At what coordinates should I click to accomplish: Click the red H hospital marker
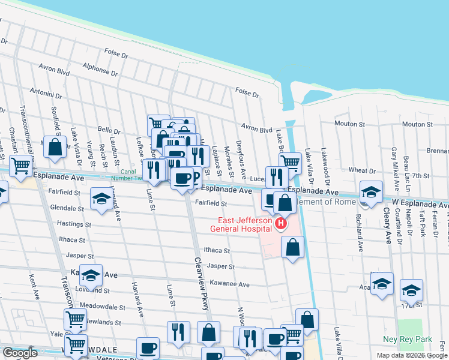point(280,224)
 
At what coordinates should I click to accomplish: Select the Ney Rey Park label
point(408,339)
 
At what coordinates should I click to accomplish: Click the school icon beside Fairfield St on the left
point(101,199)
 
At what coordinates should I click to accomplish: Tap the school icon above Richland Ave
point(371,192)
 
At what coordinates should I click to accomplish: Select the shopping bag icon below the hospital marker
point(292,247)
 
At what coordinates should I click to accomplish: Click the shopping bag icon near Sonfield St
point(55,148)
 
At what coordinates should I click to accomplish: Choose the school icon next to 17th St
point(411,290)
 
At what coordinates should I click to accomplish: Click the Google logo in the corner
point(20,353)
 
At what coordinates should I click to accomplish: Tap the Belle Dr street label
point(109,130)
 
